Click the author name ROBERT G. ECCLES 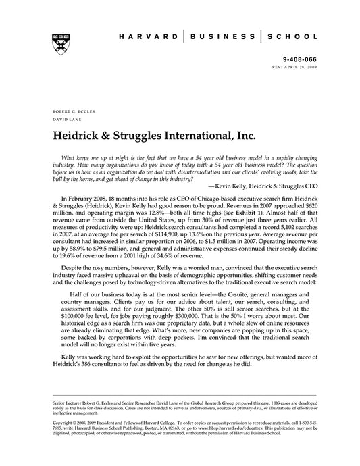pyautogui.click(x=65, y=109)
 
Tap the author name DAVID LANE pyautogui.click(x=59, y=117)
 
